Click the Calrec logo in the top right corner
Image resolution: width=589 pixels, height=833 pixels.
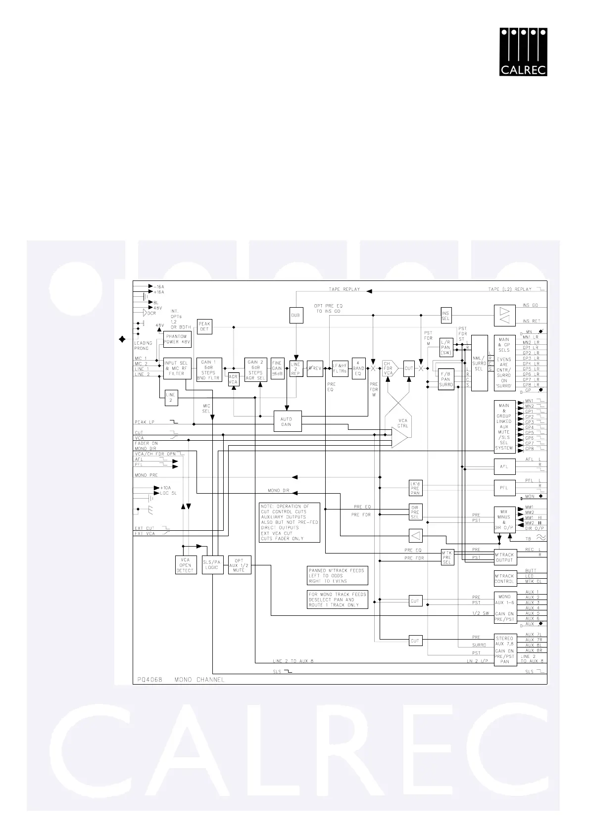[x=523, y=52]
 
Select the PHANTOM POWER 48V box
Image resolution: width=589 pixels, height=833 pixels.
[x=177, y=339]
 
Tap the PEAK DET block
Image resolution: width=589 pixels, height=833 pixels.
[x=204, y=326]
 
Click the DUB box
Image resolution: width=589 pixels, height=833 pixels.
[x=295, y=315]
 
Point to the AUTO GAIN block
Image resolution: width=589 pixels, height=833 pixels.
[x=286, y=421]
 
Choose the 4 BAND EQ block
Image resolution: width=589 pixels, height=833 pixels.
[x=358, y=368]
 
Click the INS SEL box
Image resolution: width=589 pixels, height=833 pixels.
[x=445, y=315]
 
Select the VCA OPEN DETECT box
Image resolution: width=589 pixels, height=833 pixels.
[x=185, y=565]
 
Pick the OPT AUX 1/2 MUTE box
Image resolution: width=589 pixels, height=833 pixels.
[x=239, y=565]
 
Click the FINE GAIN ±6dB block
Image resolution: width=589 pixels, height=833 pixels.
[x=277, y=368]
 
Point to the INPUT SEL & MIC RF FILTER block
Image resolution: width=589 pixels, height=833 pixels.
[x=177, y=368]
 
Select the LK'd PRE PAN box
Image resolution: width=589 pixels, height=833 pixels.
[x=415, y=488]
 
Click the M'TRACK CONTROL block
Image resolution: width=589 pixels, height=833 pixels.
[x=504, y=578]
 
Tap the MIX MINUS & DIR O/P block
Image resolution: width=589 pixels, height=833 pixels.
[x=504, y=519]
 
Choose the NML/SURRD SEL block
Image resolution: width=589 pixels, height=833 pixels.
[x=479, y=363]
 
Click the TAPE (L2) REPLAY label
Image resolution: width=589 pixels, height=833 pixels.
[x=509, y=289]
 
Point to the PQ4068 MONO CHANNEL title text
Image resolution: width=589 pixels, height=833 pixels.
[x=180, y=679]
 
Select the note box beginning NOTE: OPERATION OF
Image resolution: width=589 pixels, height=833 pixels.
[x=290, y=522]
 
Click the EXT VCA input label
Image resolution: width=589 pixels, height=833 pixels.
[x=144, y=534]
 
